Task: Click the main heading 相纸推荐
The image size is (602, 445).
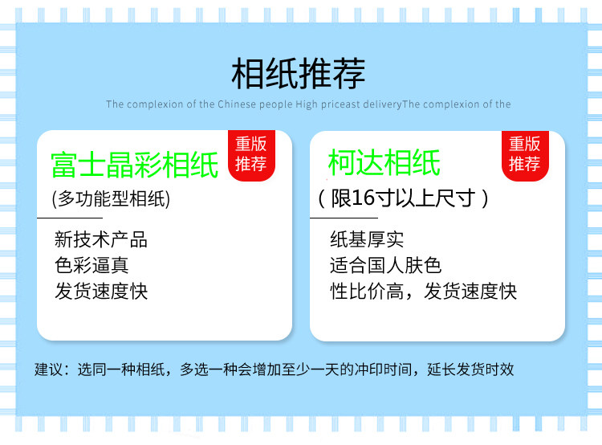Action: (x=298, y=73)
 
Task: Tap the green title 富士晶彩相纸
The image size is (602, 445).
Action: (x=135, y=165)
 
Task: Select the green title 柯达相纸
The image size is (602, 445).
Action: (x=384, y=162)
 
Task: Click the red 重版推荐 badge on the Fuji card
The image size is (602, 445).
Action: (x=251, y=155)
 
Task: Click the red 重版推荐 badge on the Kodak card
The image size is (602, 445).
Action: (x=525, y=155)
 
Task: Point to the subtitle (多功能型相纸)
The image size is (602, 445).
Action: (x=111, y=198)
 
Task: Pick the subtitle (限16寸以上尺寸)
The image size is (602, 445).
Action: (x=403, y=198)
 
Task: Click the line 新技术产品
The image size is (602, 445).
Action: (x=101, y=239)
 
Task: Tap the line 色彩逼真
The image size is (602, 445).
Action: (x=92, y=265)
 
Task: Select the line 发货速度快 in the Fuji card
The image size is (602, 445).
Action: (x=101, y=291)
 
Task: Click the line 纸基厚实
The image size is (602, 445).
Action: (x=367, y=239)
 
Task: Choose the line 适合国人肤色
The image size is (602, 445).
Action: (x=385, y=265)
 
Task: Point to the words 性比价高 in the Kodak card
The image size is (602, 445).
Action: (x=367, y=291)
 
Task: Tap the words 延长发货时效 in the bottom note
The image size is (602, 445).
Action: (x=470, y=369)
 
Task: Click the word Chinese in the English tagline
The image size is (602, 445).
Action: (x=237, y=104)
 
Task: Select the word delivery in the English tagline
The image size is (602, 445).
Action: (x=382, y=104)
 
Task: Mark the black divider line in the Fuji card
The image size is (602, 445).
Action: (x=70, y=218)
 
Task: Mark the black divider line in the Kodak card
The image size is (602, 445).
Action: (x=344, y=218)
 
